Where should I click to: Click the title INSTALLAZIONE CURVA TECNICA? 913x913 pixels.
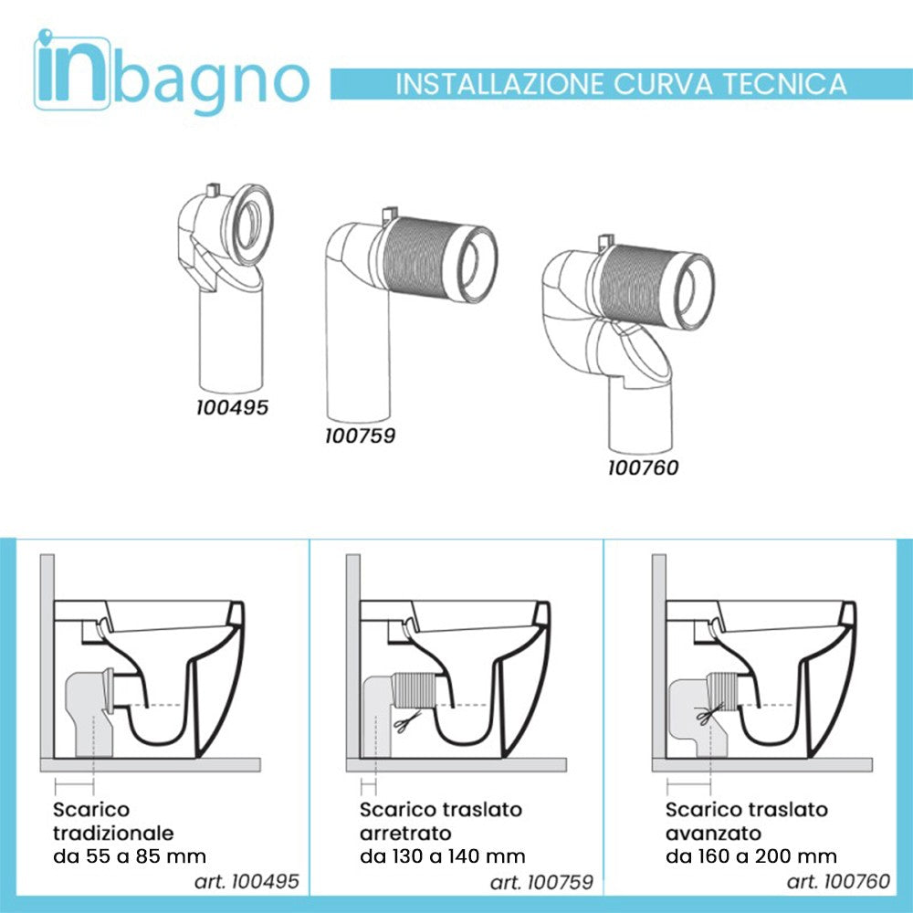(x=621, y=84)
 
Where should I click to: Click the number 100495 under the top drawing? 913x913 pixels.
(x=232, y=407)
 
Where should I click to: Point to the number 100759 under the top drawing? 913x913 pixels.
(x=360, y=436)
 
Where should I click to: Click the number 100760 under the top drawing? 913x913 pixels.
(x=643, y=468)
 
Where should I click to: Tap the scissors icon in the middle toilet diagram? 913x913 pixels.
(x=403, y=723)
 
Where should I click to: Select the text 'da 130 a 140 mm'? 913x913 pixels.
(x=443, y=856)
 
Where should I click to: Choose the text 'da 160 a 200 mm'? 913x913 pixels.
(x=751, y=856)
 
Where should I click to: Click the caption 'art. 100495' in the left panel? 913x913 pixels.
(x=247, y=882)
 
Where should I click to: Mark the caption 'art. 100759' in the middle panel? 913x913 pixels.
(x=541, y=882)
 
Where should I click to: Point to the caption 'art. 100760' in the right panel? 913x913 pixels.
(x=838, y=882)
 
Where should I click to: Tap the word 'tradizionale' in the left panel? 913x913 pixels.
(x=113, y=833)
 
